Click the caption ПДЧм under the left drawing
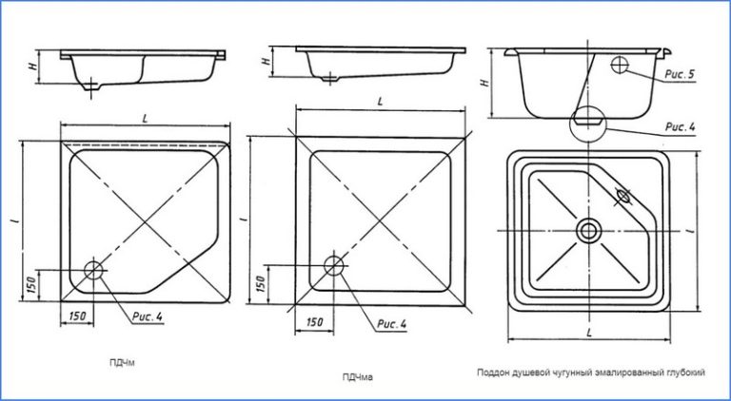tap(122, 361)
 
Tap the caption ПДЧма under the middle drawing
tap(357, 377)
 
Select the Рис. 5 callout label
tap(677, 73)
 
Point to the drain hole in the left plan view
tap(93, 270)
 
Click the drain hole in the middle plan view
tap(333, 264)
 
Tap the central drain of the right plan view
tap(588, 229)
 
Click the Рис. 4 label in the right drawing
tap(678, 125)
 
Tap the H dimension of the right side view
tap(485, 84)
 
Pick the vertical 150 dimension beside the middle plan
tap(261, 283)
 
